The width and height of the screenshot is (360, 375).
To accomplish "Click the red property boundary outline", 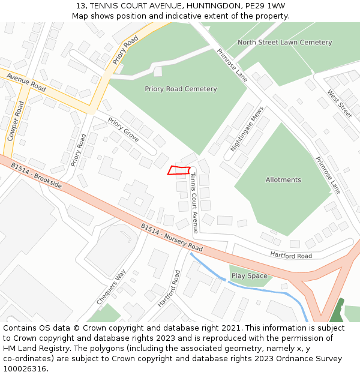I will [179, 170].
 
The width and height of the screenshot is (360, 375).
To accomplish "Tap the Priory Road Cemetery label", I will [181, 89].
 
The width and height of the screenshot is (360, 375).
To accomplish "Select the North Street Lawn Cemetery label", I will [284, 43].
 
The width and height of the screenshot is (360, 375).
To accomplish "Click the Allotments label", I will [283, 180].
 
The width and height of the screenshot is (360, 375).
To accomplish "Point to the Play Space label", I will [249, 276].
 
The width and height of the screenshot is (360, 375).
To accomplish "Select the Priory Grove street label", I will [124, 130].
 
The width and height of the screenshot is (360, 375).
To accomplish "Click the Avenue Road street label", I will [26, 83].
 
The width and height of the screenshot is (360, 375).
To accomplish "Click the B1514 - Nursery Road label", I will [172, 238].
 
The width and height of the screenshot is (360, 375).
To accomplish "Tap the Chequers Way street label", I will [112, 287].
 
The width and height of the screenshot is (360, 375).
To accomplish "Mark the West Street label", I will [340, 104].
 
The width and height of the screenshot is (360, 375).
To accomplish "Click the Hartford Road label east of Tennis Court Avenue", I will [291, 256].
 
